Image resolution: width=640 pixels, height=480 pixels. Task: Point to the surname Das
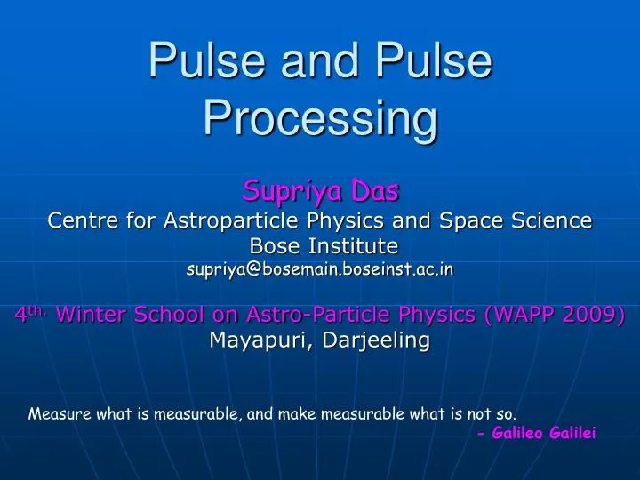(x=372, y=189)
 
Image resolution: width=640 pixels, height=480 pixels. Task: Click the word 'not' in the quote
(x=478, y=413)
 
